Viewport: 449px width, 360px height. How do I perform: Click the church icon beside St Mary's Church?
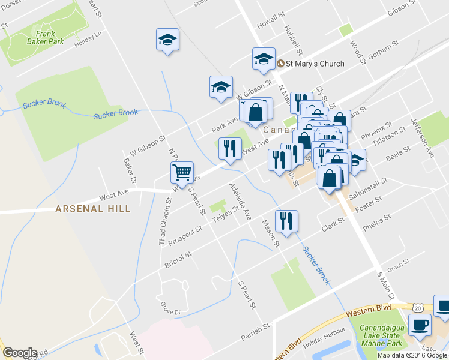(x=280, y=64)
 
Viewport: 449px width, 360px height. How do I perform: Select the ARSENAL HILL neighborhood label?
(x=92, y=209)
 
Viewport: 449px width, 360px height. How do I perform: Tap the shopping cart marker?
(x=182, y=173)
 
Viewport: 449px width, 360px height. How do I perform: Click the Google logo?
(x=20, y=353)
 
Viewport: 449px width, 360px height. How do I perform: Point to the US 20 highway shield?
(x=417, y=307)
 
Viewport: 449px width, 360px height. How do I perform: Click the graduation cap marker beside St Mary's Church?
(x=263, y=59)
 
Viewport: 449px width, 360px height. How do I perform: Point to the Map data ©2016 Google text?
(x=412, y=355)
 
